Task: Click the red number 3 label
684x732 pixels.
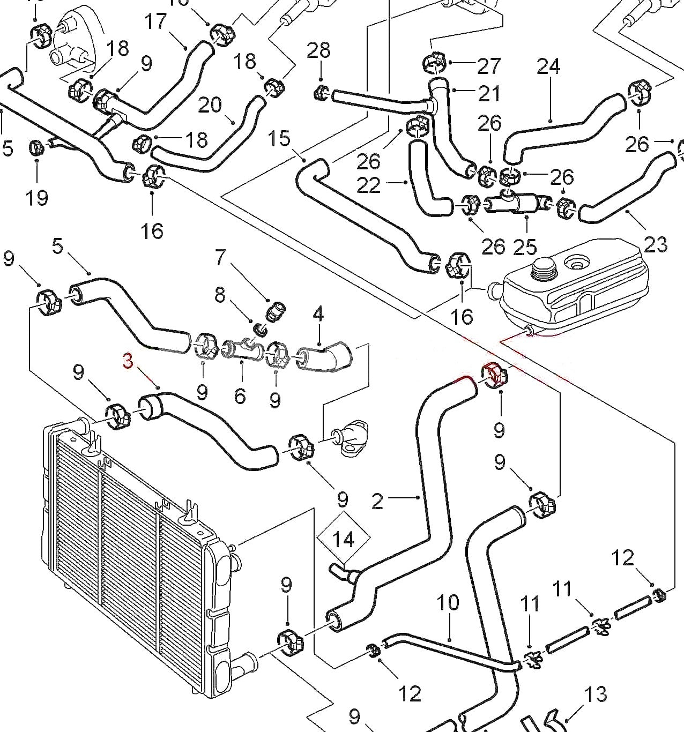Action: click(128, 361)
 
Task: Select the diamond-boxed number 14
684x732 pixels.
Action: click(343, 539)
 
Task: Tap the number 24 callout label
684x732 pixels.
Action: click(548, 66)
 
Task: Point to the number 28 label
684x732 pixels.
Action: click(318, 51)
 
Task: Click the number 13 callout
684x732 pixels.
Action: click(596, 694)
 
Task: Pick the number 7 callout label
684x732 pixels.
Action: click(220, 257)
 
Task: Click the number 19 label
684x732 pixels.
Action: click(36, 198)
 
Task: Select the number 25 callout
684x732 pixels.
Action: click(524, 247)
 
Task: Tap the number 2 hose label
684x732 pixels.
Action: click(377, 501)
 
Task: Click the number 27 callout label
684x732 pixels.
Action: click(488, 66)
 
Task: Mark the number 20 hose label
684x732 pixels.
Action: click(210, 105)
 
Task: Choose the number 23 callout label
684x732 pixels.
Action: click(655, 244)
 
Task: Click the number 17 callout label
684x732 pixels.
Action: click(155, 22)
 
